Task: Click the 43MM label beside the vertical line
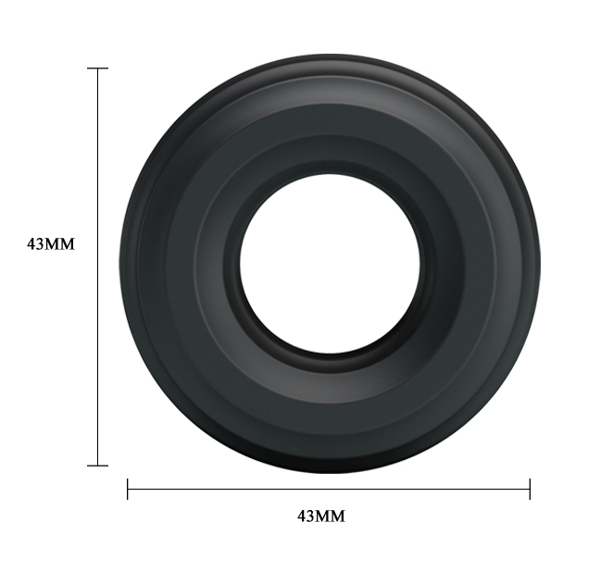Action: point(50,244)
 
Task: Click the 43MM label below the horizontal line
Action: point(321,516)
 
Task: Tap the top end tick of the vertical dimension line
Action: point(98,68)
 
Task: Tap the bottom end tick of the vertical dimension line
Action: point(98,466)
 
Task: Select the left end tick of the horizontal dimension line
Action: point(128,489)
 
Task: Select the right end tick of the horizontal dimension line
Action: point(530,489)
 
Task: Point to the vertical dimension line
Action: point(98,267)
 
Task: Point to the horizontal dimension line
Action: point(329,489)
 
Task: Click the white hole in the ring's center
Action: point(330,264)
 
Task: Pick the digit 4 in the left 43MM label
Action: point(31,244)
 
